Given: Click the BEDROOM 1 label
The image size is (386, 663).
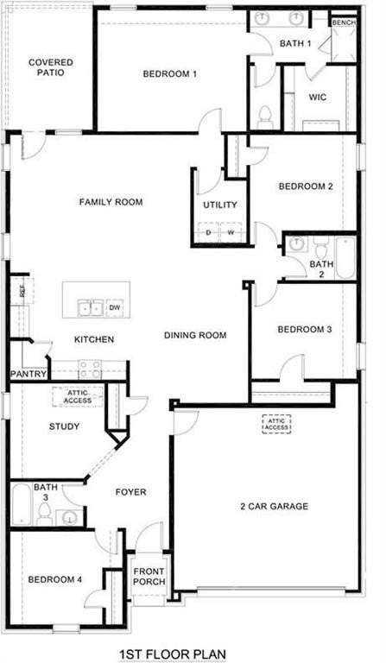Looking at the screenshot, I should (170, 74).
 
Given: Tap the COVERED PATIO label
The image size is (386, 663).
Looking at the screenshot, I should (50, 67).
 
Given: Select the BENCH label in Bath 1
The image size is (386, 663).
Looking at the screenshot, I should (343, 22).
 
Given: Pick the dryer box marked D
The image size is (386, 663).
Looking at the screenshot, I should (208, 233).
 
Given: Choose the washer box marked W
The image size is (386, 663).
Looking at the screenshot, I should (231, 233).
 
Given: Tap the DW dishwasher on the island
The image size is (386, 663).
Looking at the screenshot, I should (115, 307).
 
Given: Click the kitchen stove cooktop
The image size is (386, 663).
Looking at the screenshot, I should (90, 369).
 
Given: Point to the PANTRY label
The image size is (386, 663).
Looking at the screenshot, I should (28, 374).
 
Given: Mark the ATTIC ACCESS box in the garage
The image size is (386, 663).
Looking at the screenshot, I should (276, 423).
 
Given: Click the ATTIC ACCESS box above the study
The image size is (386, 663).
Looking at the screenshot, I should (78, 396).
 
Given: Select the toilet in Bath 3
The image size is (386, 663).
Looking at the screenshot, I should (43, 514).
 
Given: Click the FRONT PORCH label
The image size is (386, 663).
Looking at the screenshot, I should (149, 577).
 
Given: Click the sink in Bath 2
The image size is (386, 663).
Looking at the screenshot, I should (296, 243).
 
